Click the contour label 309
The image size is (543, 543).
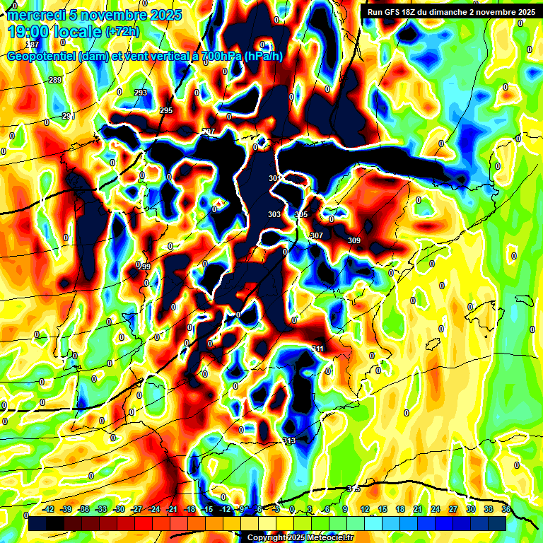point(354,241)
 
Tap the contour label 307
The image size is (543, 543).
point(316,235)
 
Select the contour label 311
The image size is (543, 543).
point(317,349)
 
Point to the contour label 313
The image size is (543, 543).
point(288,440)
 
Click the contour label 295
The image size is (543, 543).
point(166,110)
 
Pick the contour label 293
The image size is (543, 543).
point(141,93)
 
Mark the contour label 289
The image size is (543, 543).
point(55,81)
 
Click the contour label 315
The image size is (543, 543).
point(354,489)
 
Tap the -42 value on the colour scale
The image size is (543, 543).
point(49,509)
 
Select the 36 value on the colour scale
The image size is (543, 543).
point(506,509)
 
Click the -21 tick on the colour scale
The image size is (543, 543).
point(172,509)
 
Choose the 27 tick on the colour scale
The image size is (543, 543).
point(453,509)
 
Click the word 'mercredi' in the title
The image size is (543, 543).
point(33,15)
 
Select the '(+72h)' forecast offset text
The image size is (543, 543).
point(122,33)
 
